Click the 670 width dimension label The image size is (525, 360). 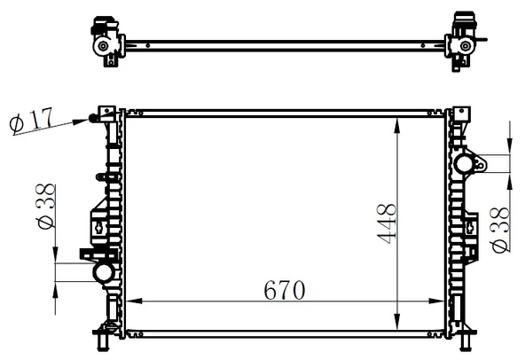click(x=285, y=290)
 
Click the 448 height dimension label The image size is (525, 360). click(x=387, y=223)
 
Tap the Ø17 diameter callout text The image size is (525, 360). click(x=31, y=120)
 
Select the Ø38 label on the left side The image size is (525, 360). click(x=45, y=207)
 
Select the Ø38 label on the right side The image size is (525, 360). click(x=499, y=230)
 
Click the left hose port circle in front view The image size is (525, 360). click(x=104, y=273)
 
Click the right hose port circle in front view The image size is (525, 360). click(x=464, y=164)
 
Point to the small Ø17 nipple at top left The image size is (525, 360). click(x=92, y=118)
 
